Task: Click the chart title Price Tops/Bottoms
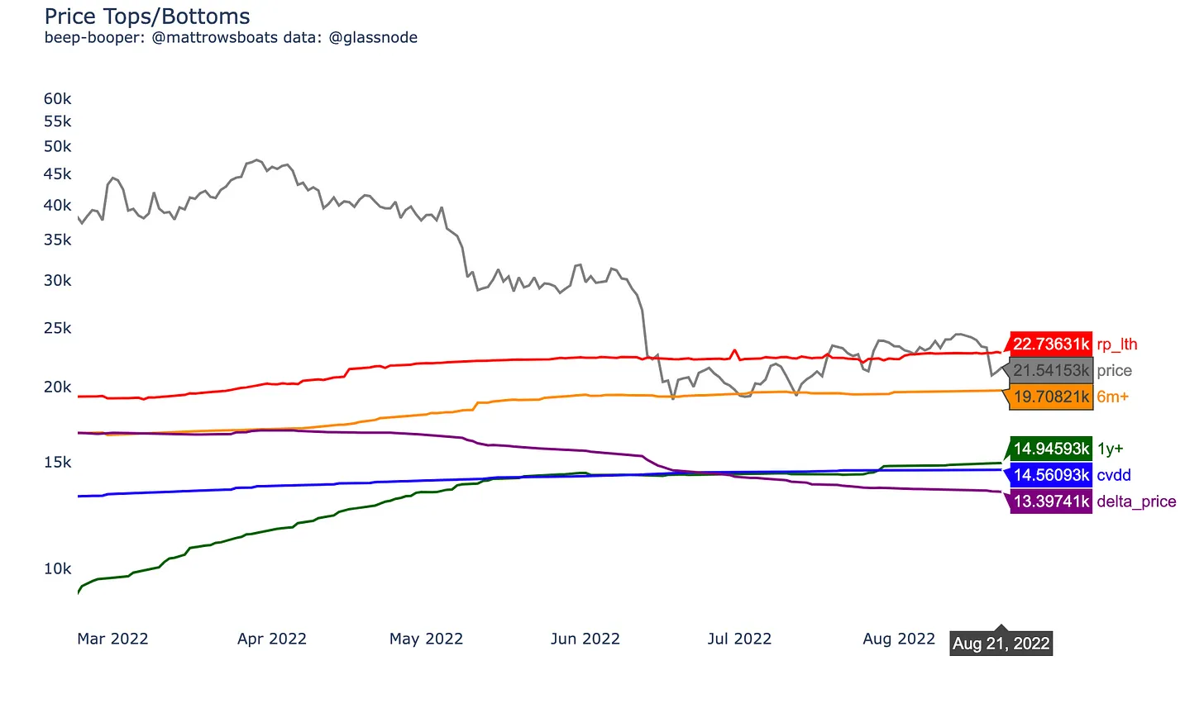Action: click(147, 17)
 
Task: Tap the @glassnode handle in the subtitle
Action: click(373, 38)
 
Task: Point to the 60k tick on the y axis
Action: click(58, 99)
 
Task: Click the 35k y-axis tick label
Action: click(58, 240)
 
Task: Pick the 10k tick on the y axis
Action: click(58, 569)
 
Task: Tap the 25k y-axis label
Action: click(58, 329)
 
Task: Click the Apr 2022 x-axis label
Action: click(272, 639)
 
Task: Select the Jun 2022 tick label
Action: click(585, 639)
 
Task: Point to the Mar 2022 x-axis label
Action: click(112, 639)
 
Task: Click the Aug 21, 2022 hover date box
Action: click(1001, 644)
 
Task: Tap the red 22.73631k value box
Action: click(1051, 345)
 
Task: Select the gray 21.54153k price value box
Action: click(1051, 371)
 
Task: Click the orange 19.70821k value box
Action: click(1051, 397)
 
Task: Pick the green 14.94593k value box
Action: click(1051, 449)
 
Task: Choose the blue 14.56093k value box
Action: click(1051, 476)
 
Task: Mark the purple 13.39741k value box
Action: click(1051, 501)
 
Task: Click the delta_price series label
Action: click(1136, 501)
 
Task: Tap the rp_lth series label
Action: click(1117, 345)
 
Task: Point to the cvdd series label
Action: click(1114, 476)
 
